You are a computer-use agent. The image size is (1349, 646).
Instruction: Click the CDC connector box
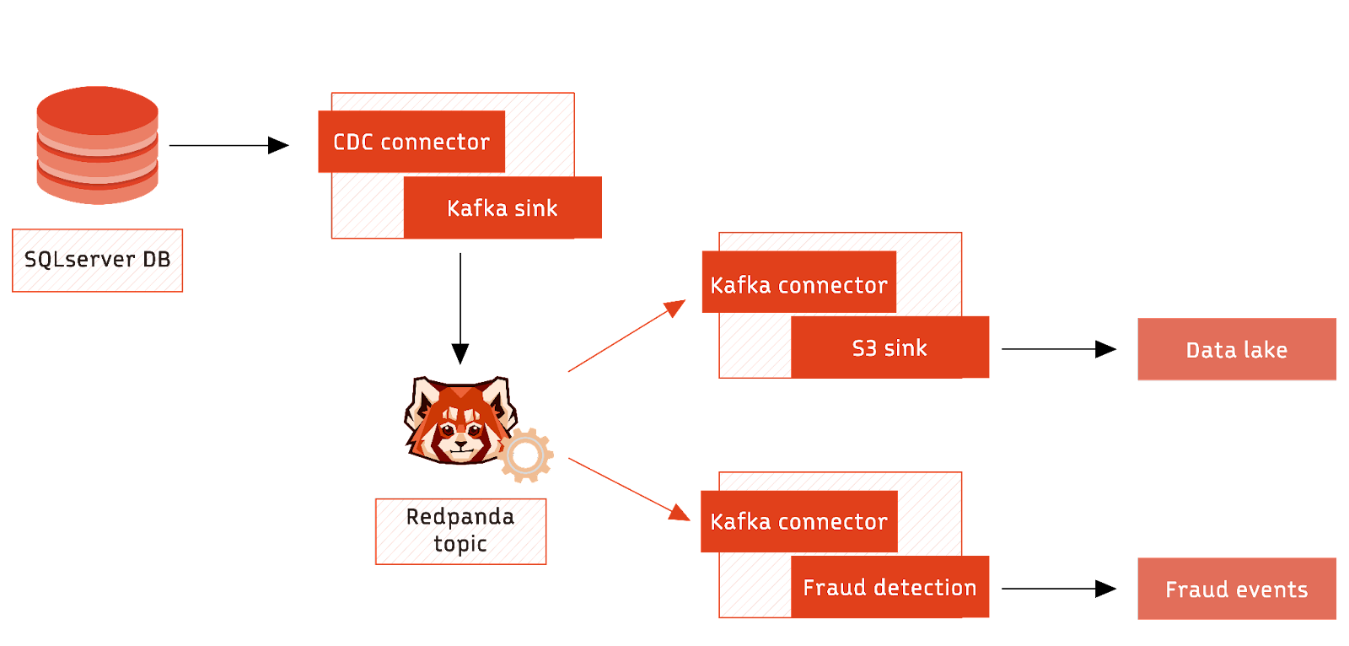coord(411,142)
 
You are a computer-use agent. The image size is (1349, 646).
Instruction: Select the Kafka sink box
coord(503,207)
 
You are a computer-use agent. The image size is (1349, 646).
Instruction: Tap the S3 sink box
coord(889,347)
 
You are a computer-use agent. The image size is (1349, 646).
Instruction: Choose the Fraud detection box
coord(889,587)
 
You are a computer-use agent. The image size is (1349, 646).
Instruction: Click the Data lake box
coord(1237,349)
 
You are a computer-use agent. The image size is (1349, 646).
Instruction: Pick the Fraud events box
coord(1237,589)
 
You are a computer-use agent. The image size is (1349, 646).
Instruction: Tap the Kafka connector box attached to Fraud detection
coord(798,521)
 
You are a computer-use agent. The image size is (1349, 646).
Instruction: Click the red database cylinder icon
coord(97,145)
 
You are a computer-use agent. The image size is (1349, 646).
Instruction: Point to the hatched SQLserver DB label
coord(98,261)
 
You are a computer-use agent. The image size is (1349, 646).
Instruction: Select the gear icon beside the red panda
coord(526,455)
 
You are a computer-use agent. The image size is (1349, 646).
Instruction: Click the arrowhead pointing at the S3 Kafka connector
coord(675,308)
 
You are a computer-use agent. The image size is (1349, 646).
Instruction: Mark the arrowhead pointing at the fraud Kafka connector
coord(680,512)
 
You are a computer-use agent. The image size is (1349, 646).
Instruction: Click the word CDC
coord(353,142)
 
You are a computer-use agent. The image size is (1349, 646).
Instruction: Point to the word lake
coord(1264,350)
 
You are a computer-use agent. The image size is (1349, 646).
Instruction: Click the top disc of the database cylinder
coord(97,110)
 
